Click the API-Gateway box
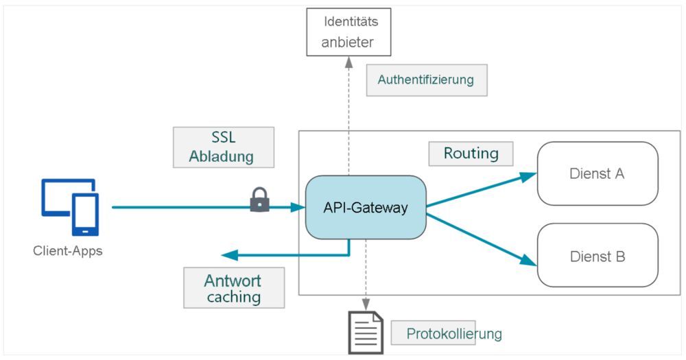click(366, 207)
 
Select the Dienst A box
click(597, 173)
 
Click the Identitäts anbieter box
click(349, 32)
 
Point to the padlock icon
click(259, 200)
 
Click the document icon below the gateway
click(366, 333)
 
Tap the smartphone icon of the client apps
click(86, 215)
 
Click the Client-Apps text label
click(68, 250)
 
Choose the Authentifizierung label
click(426, 80)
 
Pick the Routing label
click(471, 153)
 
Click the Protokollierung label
click(454, 334)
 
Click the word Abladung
click(222, 156)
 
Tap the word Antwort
click(233, 280)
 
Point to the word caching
click(233, 297)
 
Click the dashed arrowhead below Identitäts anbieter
click(349, 62)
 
